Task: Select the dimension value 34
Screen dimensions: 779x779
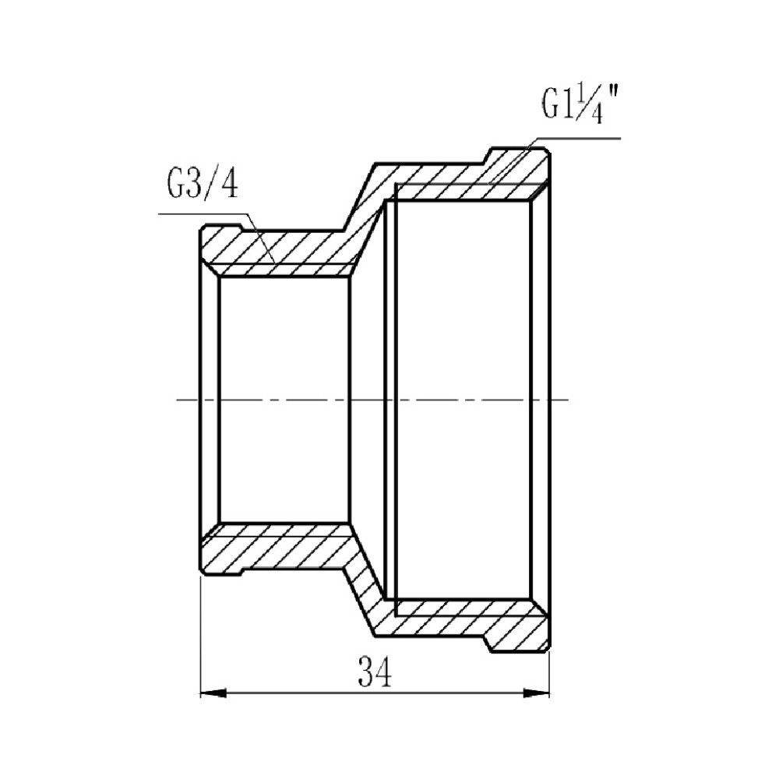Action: tap(375, 671)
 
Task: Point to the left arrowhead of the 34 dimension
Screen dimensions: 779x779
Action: tap(212, 693)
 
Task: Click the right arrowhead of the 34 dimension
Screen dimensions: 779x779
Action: tap(538, 693)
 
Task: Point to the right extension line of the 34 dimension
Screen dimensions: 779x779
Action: tap(549, 670)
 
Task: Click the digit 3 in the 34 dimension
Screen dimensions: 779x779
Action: tap(365, 671)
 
